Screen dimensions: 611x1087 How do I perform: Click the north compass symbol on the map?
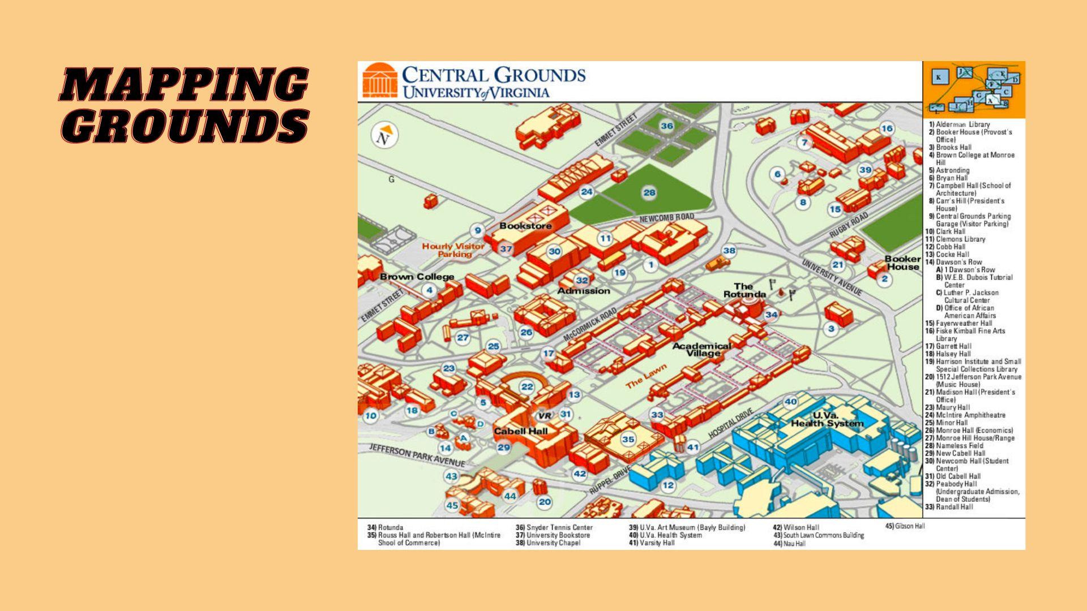tap(384, 136)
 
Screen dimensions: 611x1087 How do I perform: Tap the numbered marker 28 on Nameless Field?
tap(649, 192)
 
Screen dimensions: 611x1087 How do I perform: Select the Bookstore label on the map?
tap(525, 226)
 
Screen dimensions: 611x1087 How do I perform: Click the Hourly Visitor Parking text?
tap(453, 250)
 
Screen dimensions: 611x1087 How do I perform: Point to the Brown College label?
tap(417, 277)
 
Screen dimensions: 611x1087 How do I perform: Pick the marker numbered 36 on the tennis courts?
tap(667, 126)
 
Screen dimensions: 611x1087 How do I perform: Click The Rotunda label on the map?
tap(744, 290)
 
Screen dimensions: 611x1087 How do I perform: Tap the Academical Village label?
tap(702, 349)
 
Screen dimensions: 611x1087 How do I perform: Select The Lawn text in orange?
tap(646, 375)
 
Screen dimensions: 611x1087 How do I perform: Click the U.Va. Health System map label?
tap(827, 419)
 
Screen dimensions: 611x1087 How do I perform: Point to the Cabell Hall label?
tap(521, 431)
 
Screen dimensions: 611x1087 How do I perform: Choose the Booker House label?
tap(902, 263)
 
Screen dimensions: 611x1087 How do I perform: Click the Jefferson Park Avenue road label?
tap(417, 455)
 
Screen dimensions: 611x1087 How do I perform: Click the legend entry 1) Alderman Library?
tap(959, 124)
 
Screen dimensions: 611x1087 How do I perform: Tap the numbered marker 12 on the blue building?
tap(668, 485)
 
